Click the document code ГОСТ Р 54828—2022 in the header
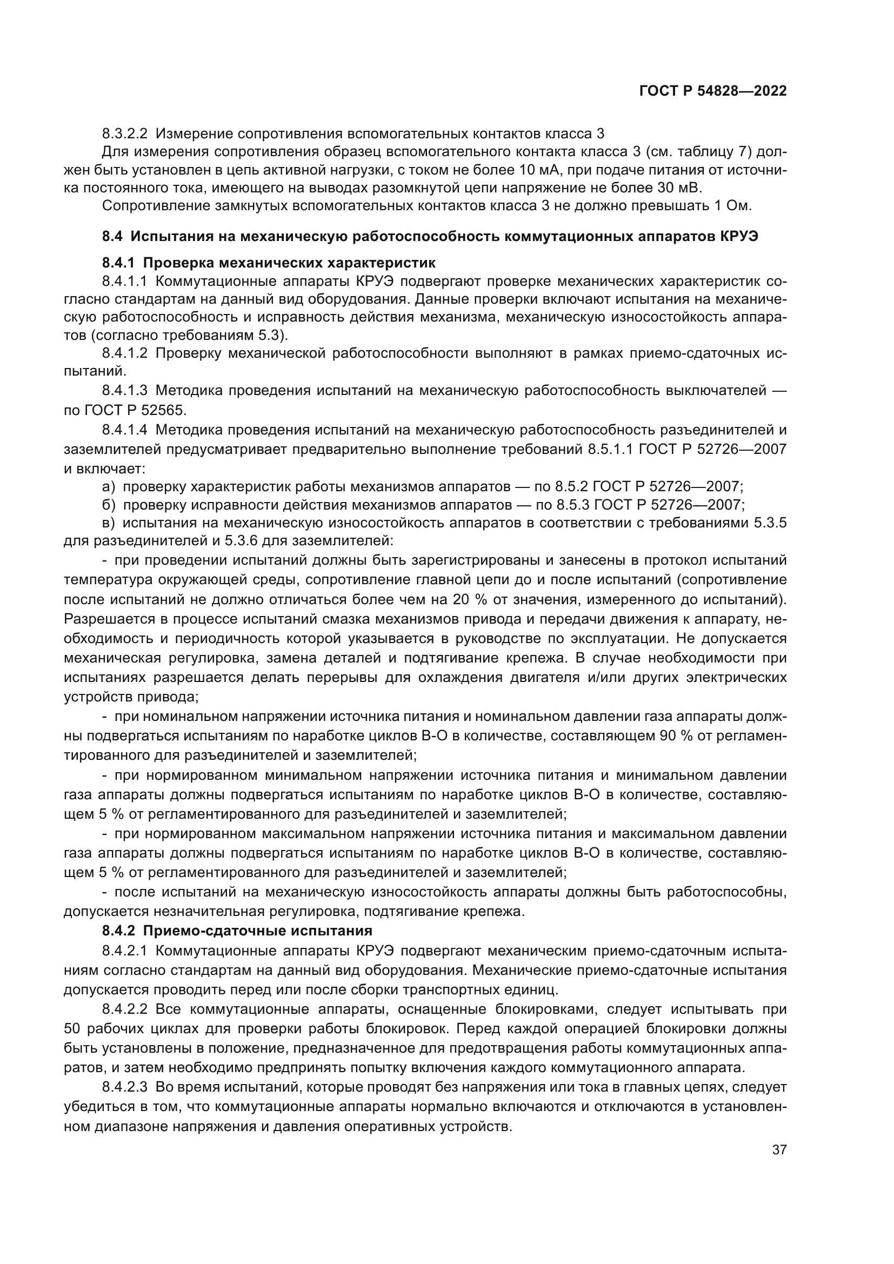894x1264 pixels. [712, 91]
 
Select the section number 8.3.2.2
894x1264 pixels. [124, 134]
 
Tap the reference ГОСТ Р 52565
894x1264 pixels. [135, 411]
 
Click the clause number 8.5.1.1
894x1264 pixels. [608, 449]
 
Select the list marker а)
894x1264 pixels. [109, 487]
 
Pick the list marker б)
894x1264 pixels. [109, 505]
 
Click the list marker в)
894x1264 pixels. [109, 523]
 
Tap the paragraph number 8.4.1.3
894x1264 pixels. [124, 391]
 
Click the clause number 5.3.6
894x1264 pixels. [241, 541]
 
